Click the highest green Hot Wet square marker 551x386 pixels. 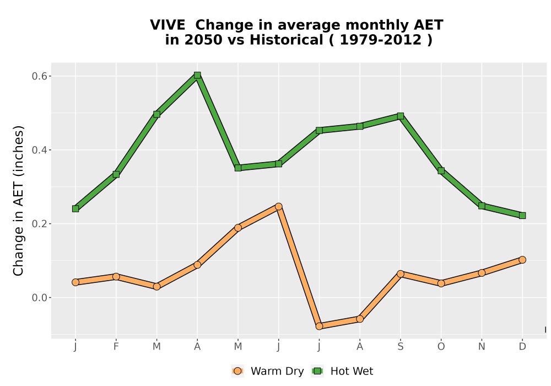click(197, 75)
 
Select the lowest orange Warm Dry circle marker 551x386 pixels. click(319, 326)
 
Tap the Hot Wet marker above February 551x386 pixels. click(116, 174)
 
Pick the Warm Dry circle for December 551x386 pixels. click(522, 260)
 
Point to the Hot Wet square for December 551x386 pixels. click(522, 216)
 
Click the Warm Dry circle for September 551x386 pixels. click(400, 274)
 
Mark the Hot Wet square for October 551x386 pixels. click(441, 171)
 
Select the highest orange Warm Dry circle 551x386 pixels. click(279, 206)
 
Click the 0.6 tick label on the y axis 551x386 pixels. click(39, 76)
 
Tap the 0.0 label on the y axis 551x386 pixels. click(39, 298)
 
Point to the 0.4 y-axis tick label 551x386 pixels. click(39, 150)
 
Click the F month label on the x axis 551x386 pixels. click(116, 347)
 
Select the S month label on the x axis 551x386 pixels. click(400, 347)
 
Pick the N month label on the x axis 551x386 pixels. click(482, 347)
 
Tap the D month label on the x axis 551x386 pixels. click(522, 347)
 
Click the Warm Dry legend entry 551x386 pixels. click(267, 371)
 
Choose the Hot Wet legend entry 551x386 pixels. click(342, 371)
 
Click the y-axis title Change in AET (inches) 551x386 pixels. click(18, 201)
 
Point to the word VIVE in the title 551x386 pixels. click(168, 25)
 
